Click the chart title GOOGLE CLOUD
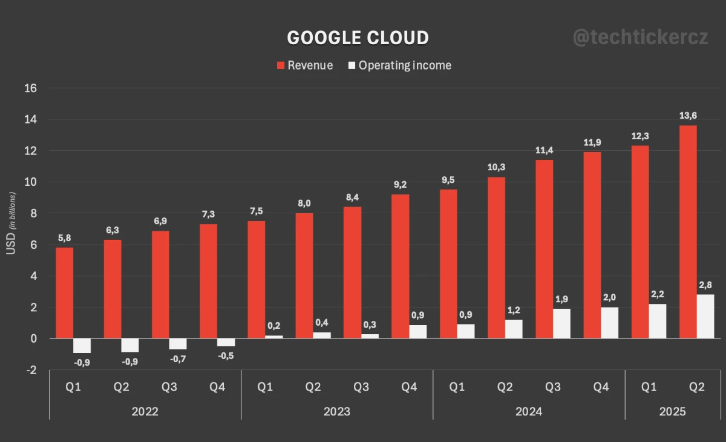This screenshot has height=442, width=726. (358, 38)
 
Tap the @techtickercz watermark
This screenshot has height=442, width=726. (640, 38)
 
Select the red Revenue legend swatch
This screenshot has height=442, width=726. (281, 65)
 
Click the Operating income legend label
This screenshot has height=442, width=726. (405, 65)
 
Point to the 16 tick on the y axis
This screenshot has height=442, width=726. (30, 88)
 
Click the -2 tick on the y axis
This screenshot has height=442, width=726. (30, 370)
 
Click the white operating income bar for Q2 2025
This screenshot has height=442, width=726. (705, 317)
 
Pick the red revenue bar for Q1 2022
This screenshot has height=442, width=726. (65, 293)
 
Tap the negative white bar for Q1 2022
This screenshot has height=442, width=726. (82, 346)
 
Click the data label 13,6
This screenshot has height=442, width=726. (688, 115)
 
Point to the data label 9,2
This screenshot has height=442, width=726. (400, 184)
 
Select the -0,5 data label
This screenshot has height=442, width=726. (226, 356)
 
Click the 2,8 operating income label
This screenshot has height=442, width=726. (705, 285)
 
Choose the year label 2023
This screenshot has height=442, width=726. (337, 412)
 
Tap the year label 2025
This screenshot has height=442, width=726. (673, 412)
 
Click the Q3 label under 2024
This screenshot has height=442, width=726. (553, 387)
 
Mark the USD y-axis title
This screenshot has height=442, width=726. (11, 224)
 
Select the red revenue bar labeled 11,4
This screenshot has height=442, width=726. (544, 249)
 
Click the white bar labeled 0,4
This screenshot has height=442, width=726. (322, 335)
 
